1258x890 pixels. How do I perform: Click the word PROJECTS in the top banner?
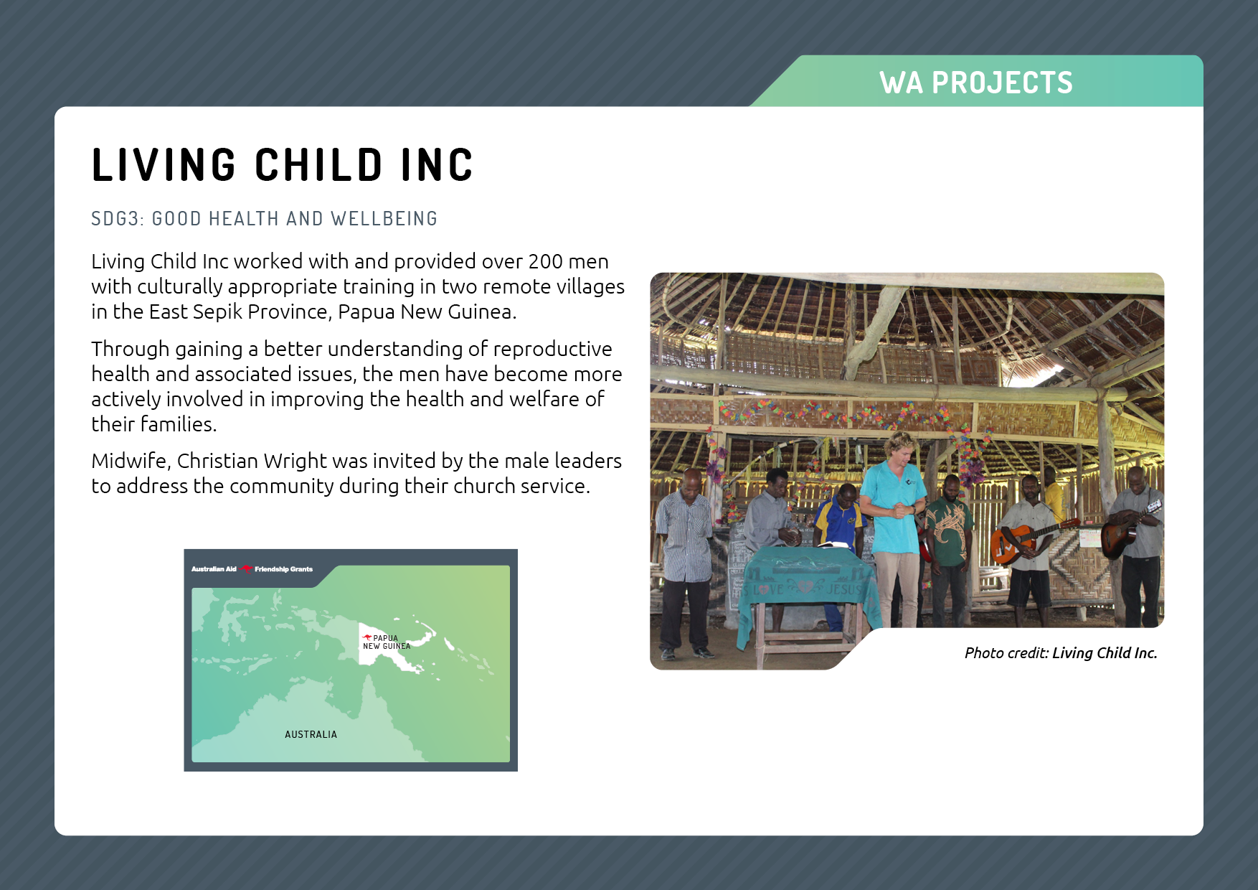point(1002,83)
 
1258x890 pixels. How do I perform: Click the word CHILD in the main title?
point(319,164)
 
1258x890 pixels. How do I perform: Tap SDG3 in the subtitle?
point(115,218)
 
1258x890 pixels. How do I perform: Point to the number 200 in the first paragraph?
point(546,261)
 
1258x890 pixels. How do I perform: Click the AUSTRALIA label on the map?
point(311,734)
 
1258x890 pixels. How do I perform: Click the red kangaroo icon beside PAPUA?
point(367,637)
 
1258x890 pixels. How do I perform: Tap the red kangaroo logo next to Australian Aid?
point(246,569)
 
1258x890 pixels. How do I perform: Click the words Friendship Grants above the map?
point(284,569)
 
